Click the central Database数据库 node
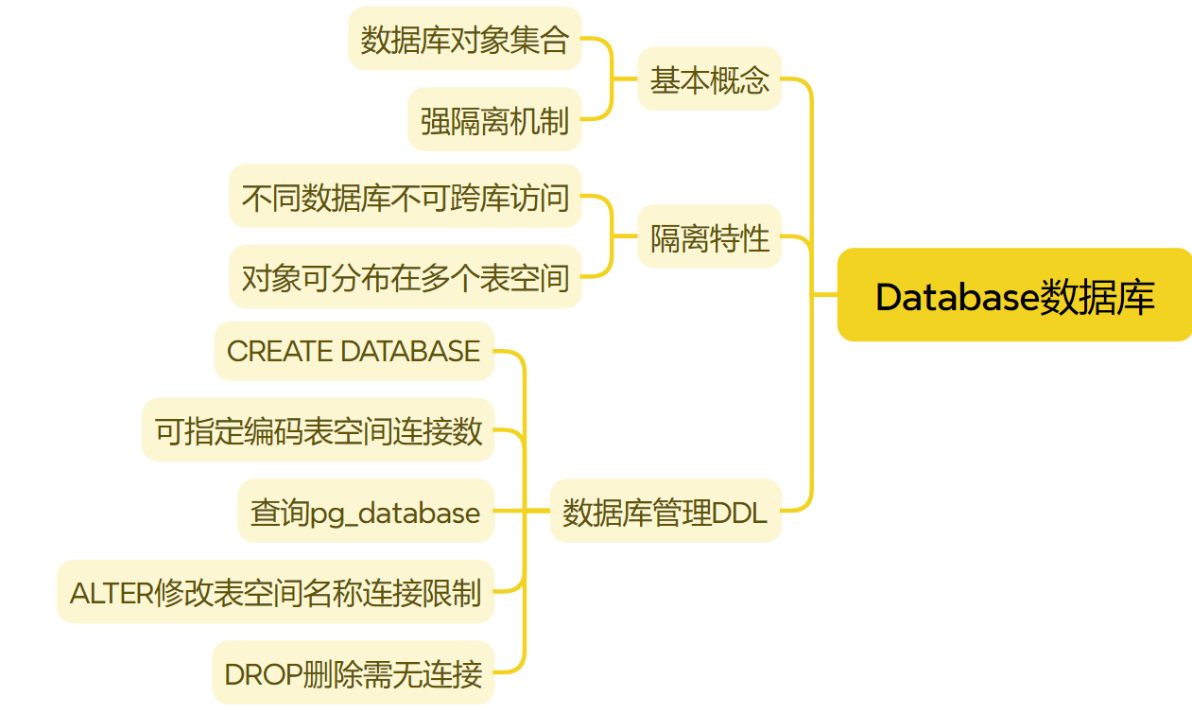click(1014, 296)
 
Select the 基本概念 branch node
click(709, 79)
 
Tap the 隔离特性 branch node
click(709, 237)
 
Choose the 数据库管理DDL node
click(665, 512)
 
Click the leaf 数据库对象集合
click(464, 39)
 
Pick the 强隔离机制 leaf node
click(494, 120)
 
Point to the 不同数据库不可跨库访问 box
click(405, 197)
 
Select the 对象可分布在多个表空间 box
click(405, 277)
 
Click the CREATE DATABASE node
click(354, 351)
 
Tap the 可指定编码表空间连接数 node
click(319, 431)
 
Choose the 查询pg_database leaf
click(365, 512)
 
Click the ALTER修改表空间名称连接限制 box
click(275, 593)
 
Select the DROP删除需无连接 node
click(353, 673)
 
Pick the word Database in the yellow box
click(957, 296)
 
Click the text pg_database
click(395, 514)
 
